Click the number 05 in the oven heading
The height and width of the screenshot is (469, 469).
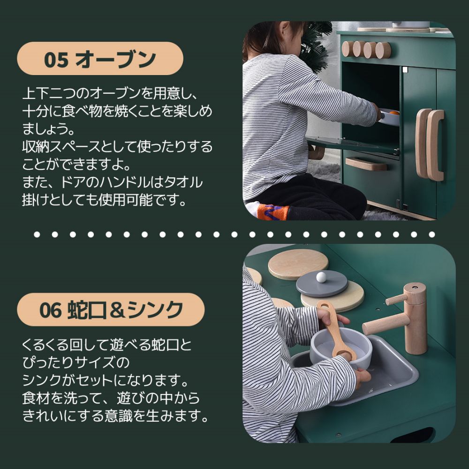pos(56,59)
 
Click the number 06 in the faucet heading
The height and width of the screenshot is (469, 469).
pos(51,310)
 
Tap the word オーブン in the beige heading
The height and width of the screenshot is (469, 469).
pos(115,59)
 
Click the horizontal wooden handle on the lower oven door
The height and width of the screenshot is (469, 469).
pos(366,164)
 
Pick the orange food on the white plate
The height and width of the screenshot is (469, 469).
pos(393,113)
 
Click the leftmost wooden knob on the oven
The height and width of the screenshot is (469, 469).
pos(348,49)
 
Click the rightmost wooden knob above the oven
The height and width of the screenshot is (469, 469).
pos(383,50)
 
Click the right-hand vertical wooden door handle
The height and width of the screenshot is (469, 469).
pos(435,145)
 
